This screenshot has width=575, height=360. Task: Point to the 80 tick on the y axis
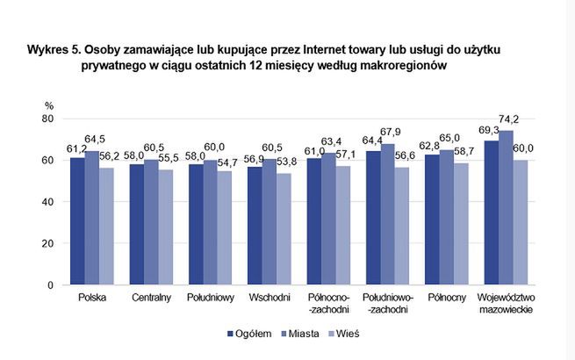click(x=49, y=119)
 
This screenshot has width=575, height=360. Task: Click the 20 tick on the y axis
click(x=49, y=244)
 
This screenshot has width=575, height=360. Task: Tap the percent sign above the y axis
click(x=49, y=105)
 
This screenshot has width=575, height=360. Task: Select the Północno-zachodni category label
click(x=327, y=304)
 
